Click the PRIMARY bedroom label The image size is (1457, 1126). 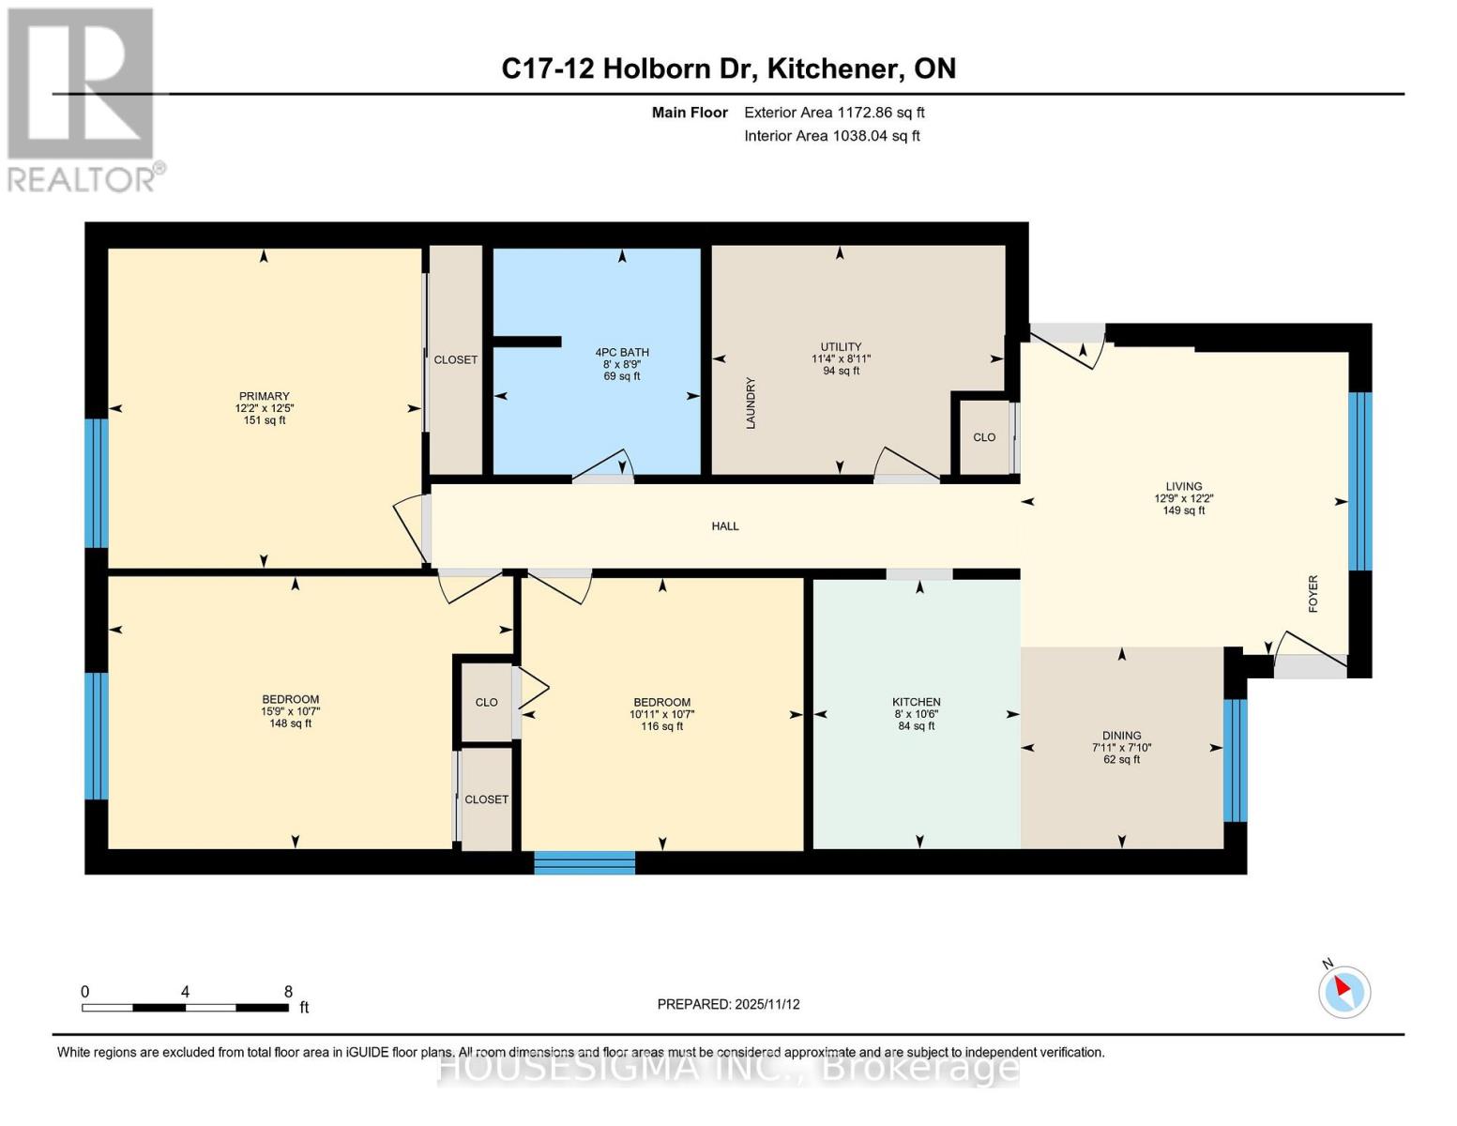(264, 396)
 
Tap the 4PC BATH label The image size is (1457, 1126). (622, 352)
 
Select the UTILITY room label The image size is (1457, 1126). (841, 346)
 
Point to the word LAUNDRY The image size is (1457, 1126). (751, 403)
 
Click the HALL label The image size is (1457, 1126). (725, 526)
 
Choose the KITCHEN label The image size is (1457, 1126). (916, 702)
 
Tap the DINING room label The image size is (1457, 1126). (1121, 736)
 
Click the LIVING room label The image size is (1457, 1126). (1183, 487)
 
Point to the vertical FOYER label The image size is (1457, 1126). (1313, 594)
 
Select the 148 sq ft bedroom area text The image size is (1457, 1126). (290, 723)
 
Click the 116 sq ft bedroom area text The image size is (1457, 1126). (661, 726)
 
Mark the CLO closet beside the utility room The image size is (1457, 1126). (984, 437)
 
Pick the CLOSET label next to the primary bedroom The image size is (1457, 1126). (455, 359)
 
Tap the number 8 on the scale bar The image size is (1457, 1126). (288, 992)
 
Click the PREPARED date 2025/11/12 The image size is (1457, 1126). (728, 1004)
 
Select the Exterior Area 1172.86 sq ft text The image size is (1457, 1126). (834, 113)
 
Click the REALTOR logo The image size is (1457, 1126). (83, 99)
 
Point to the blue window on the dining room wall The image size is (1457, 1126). (1235, 760)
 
